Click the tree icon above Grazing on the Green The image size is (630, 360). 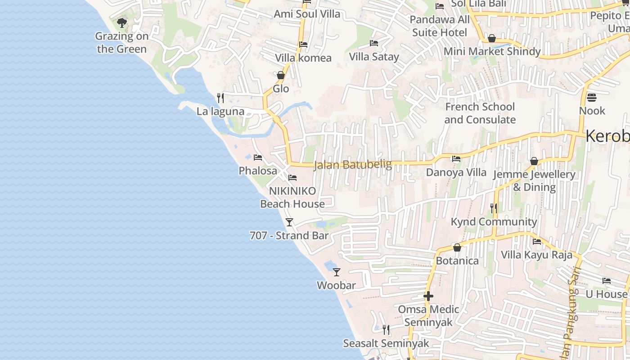click(121, 22)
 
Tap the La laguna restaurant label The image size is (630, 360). click(220, 112)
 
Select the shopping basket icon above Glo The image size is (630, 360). click(281, 75)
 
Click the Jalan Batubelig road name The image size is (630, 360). click(353, 165)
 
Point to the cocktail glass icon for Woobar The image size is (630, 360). click(337, 272)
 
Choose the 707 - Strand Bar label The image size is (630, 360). click(289, 236)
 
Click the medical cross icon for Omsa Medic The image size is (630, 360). click(428, 296)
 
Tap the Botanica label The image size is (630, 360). click(457, 261)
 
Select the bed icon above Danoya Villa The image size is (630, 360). click(456, 159)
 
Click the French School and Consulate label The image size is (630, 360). click(480, 113)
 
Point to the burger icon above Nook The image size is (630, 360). click(592, 97)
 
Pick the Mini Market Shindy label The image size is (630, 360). click(492, 51)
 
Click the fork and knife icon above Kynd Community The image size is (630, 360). click(494, 208)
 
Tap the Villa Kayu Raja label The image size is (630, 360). click(537, 255)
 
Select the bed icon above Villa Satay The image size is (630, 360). click(374, 43)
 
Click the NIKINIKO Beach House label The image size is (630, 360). click(292, 198)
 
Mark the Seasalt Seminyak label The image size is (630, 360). click(386, 343)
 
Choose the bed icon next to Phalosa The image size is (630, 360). click(258, 157)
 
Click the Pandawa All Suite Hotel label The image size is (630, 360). click(440, 26)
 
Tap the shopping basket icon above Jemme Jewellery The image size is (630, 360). click(534, 161)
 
